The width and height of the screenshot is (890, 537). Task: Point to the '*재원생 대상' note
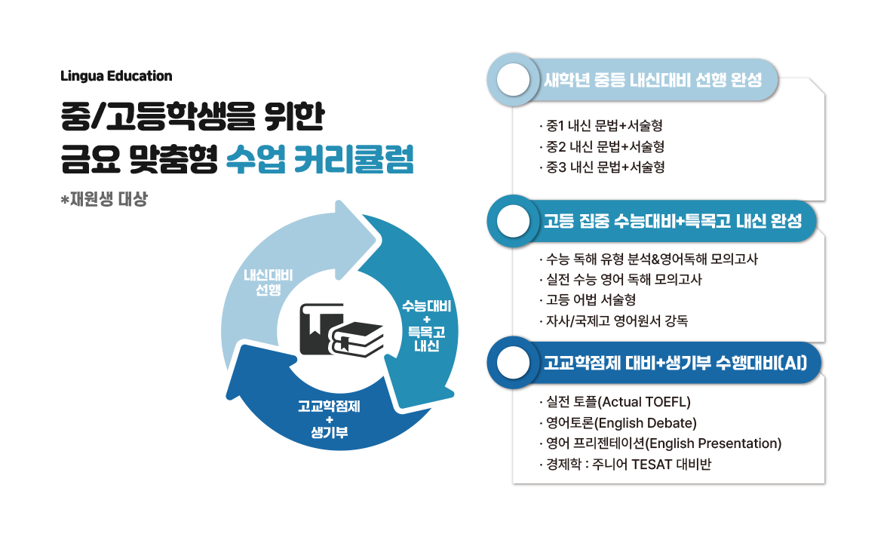pos(105,201)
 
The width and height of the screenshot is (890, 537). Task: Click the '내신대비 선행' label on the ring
pos(268,283)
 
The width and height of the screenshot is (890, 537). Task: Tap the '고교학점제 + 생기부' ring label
pos(329,419)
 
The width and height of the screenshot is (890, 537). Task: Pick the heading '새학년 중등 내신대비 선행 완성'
pos(652,80)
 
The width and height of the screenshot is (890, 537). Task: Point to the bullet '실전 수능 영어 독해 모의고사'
pos(621,280)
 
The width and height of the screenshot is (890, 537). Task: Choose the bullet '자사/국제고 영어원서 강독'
pos(614,321)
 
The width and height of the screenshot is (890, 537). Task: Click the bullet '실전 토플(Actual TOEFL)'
pos(615,401)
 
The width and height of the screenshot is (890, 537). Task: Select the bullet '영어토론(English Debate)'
pos(618,422)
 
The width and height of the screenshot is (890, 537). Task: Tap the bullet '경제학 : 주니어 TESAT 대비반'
pos(626,464)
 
